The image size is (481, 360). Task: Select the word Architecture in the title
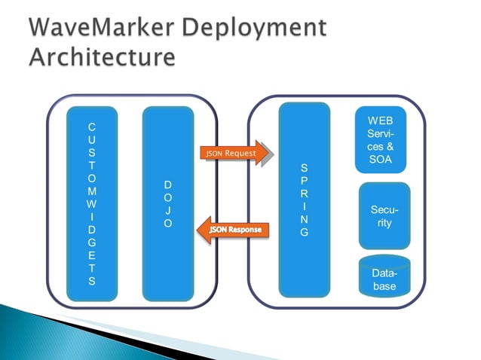103,56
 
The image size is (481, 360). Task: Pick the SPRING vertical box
304,200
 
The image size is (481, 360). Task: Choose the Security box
384,216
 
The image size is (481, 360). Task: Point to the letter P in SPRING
304,181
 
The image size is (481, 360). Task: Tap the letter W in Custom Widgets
92,203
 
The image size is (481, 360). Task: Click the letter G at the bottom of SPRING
304,232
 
